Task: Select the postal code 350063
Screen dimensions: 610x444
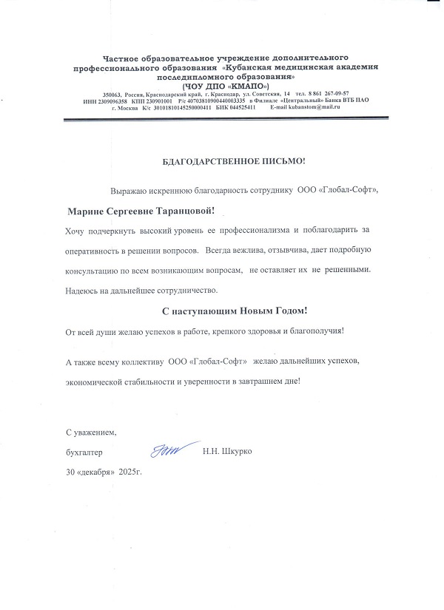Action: tap(111, 94)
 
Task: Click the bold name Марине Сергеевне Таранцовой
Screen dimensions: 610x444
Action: tap(139, 211)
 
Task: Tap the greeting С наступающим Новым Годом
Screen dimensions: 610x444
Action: tap(234, 311)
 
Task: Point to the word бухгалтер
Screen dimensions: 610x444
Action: tap(84, 450)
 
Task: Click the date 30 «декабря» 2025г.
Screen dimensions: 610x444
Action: tap(104, 471)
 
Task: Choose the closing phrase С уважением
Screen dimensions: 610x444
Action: tap(91, 431)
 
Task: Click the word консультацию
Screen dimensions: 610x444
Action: tap(92, 272)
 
